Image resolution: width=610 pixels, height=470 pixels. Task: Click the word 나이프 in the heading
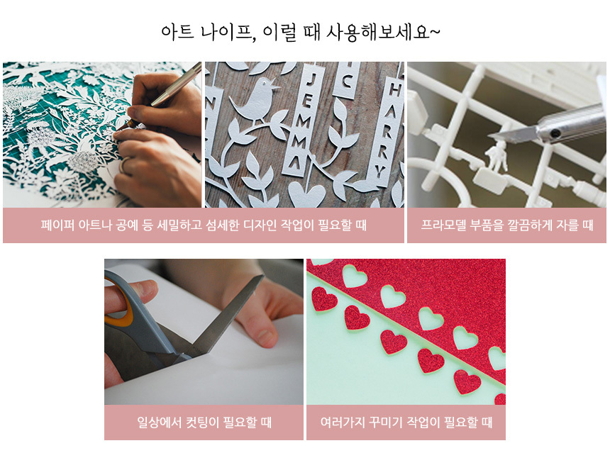pos(228,32)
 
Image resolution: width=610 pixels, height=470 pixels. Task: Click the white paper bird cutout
pos(255,101)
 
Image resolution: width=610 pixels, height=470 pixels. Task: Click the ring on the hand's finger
pos(123,165)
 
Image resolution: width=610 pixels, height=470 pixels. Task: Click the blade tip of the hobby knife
pos(489,136)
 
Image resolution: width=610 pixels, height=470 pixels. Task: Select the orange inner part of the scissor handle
pos(118,302)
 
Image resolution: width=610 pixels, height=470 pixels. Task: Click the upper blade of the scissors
pos(230,315)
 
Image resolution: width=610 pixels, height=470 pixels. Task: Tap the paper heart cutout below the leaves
pos(306,194)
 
